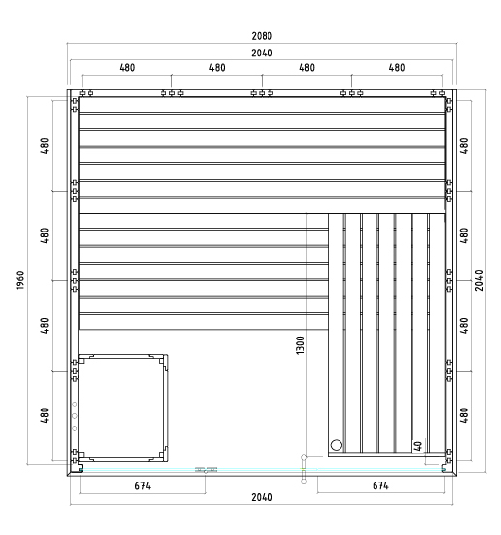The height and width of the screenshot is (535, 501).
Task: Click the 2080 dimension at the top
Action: pyautogui.click(x=262, y=36)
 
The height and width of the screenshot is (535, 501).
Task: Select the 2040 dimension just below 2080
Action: pyautogui.click(x=262, y=53)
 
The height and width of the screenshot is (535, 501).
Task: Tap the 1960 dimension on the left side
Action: pyautogui.click(x=20, y=280)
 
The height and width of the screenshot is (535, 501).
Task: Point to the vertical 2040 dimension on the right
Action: pyautogui.click(x=479, y=280)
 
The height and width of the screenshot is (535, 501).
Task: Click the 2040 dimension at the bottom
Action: pyautogui.click(x=262, y=497)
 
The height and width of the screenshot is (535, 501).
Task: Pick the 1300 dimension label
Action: pyautogui.click(x=300, y=345)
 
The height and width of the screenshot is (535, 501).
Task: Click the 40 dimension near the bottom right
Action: pyautogui.click(x=417, y=446)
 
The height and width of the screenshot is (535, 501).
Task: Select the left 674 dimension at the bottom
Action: pyautogui.click(x=143, y=485)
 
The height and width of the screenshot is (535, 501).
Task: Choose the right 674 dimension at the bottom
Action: pyautogui.click(x=380, y=485)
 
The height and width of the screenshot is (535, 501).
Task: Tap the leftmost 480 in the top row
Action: pyautogui.click(x=127, y=67)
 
